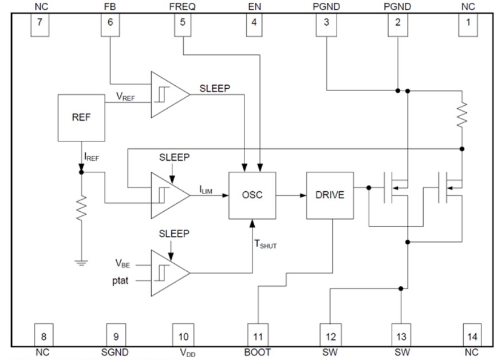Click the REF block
81,118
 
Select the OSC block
251,195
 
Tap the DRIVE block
330,195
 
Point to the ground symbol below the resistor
81,263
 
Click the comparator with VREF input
168,94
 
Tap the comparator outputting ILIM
168,195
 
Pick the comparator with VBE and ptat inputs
168,272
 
